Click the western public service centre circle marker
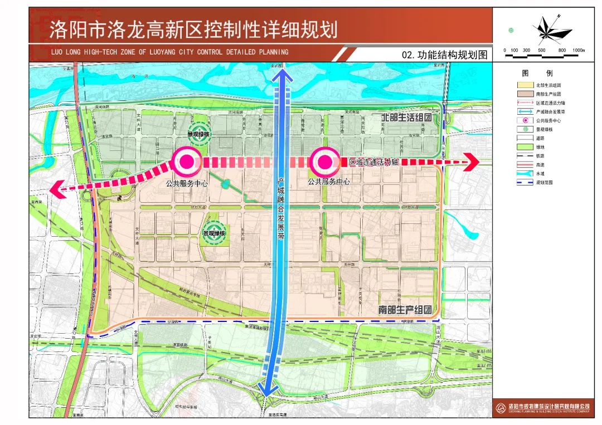[x=187, y=162]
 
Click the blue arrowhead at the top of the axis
[x=281, y=77]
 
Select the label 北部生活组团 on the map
[x=407, y=119]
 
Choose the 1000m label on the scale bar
[x=578, y=50]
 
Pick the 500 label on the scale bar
[x=541, y=50]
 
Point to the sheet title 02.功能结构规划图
[x=444, y=55]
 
